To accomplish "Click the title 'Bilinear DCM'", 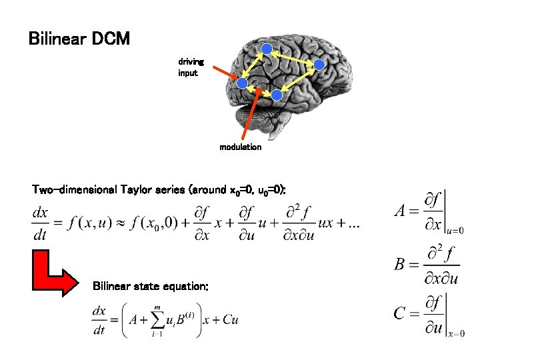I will coord(79,39).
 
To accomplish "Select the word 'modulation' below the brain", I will coord(241,147).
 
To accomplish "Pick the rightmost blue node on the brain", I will coord(319,65).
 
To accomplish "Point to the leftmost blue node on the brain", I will coord(243,83).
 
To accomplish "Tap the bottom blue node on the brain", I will coord(276,95).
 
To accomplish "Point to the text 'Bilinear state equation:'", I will coord(151,286).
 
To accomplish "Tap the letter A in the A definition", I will coord(400,211).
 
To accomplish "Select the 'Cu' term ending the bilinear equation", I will coord(230,320).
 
